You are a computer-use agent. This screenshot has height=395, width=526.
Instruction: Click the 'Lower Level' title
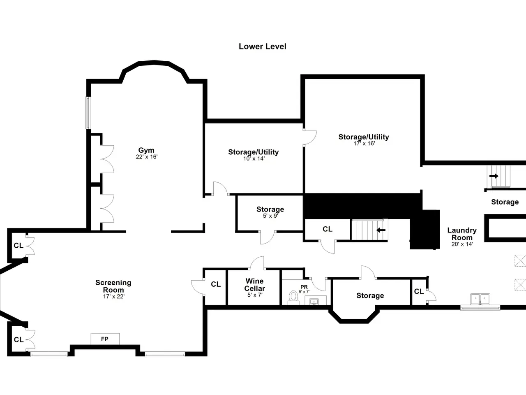[x=263, y=46]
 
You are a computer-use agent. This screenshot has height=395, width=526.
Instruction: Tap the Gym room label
[x=146, y=150]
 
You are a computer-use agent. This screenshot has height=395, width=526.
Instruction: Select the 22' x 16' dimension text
[x=146, y=157]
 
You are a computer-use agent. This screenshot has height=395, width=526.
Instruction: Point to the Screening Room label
[x=113, y=286]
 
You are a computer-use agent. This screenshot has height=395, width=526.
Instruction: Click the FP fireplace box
[x=105, y=339]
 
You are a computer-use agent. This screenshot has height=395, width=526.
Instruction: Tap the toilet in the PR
[x=293, y=297]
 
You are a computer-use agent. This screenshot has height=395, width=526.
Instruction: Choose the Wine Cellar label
[x=254, y=285]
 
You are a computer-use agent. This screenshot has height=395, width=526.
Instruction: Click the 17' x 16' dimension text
[x=364, y=144]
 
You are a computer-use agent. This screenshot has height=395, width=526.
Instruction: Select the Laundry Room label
[x=462, y=234]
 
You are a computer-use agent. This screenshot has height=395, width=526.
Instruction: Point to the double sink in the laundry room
[x=480, y=299]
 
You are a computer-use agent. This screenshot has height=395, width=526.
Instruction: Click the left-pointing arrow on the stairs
[x=381, y=230]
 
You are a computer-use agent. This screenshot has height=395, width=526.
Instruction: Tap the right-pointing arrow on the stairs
[x=494, y=176]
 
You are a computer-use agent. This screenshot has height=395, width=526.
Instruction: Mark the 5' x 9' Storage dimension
[x=270, y=216]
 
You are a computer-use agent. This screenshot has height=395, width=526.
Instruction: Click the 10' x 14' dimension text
[x=254, y=158]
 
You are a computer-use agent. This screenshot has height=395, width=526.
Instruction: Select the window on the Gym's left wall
[x=88, y=113]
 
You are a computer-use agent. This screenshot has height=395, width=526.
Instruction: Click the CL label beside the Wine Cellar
[x=216, y=284]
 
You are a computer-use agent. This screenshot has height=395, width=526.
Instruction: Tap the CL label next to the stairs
[x=328, y=229]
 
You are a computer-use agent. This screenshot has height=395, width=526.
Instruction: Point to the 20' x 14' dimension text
[x=462, y=244]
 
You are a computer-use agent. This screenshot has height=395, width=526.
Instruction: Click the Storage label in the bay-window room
[x=370, y=295]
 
